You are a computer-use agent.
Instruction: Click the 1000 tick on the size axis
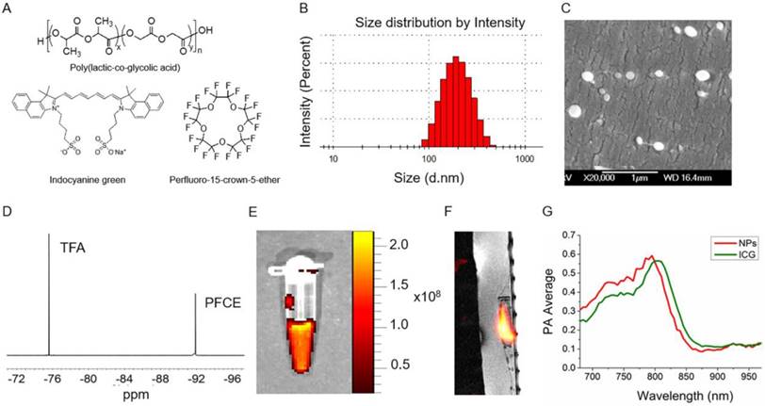pos(525,161)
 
